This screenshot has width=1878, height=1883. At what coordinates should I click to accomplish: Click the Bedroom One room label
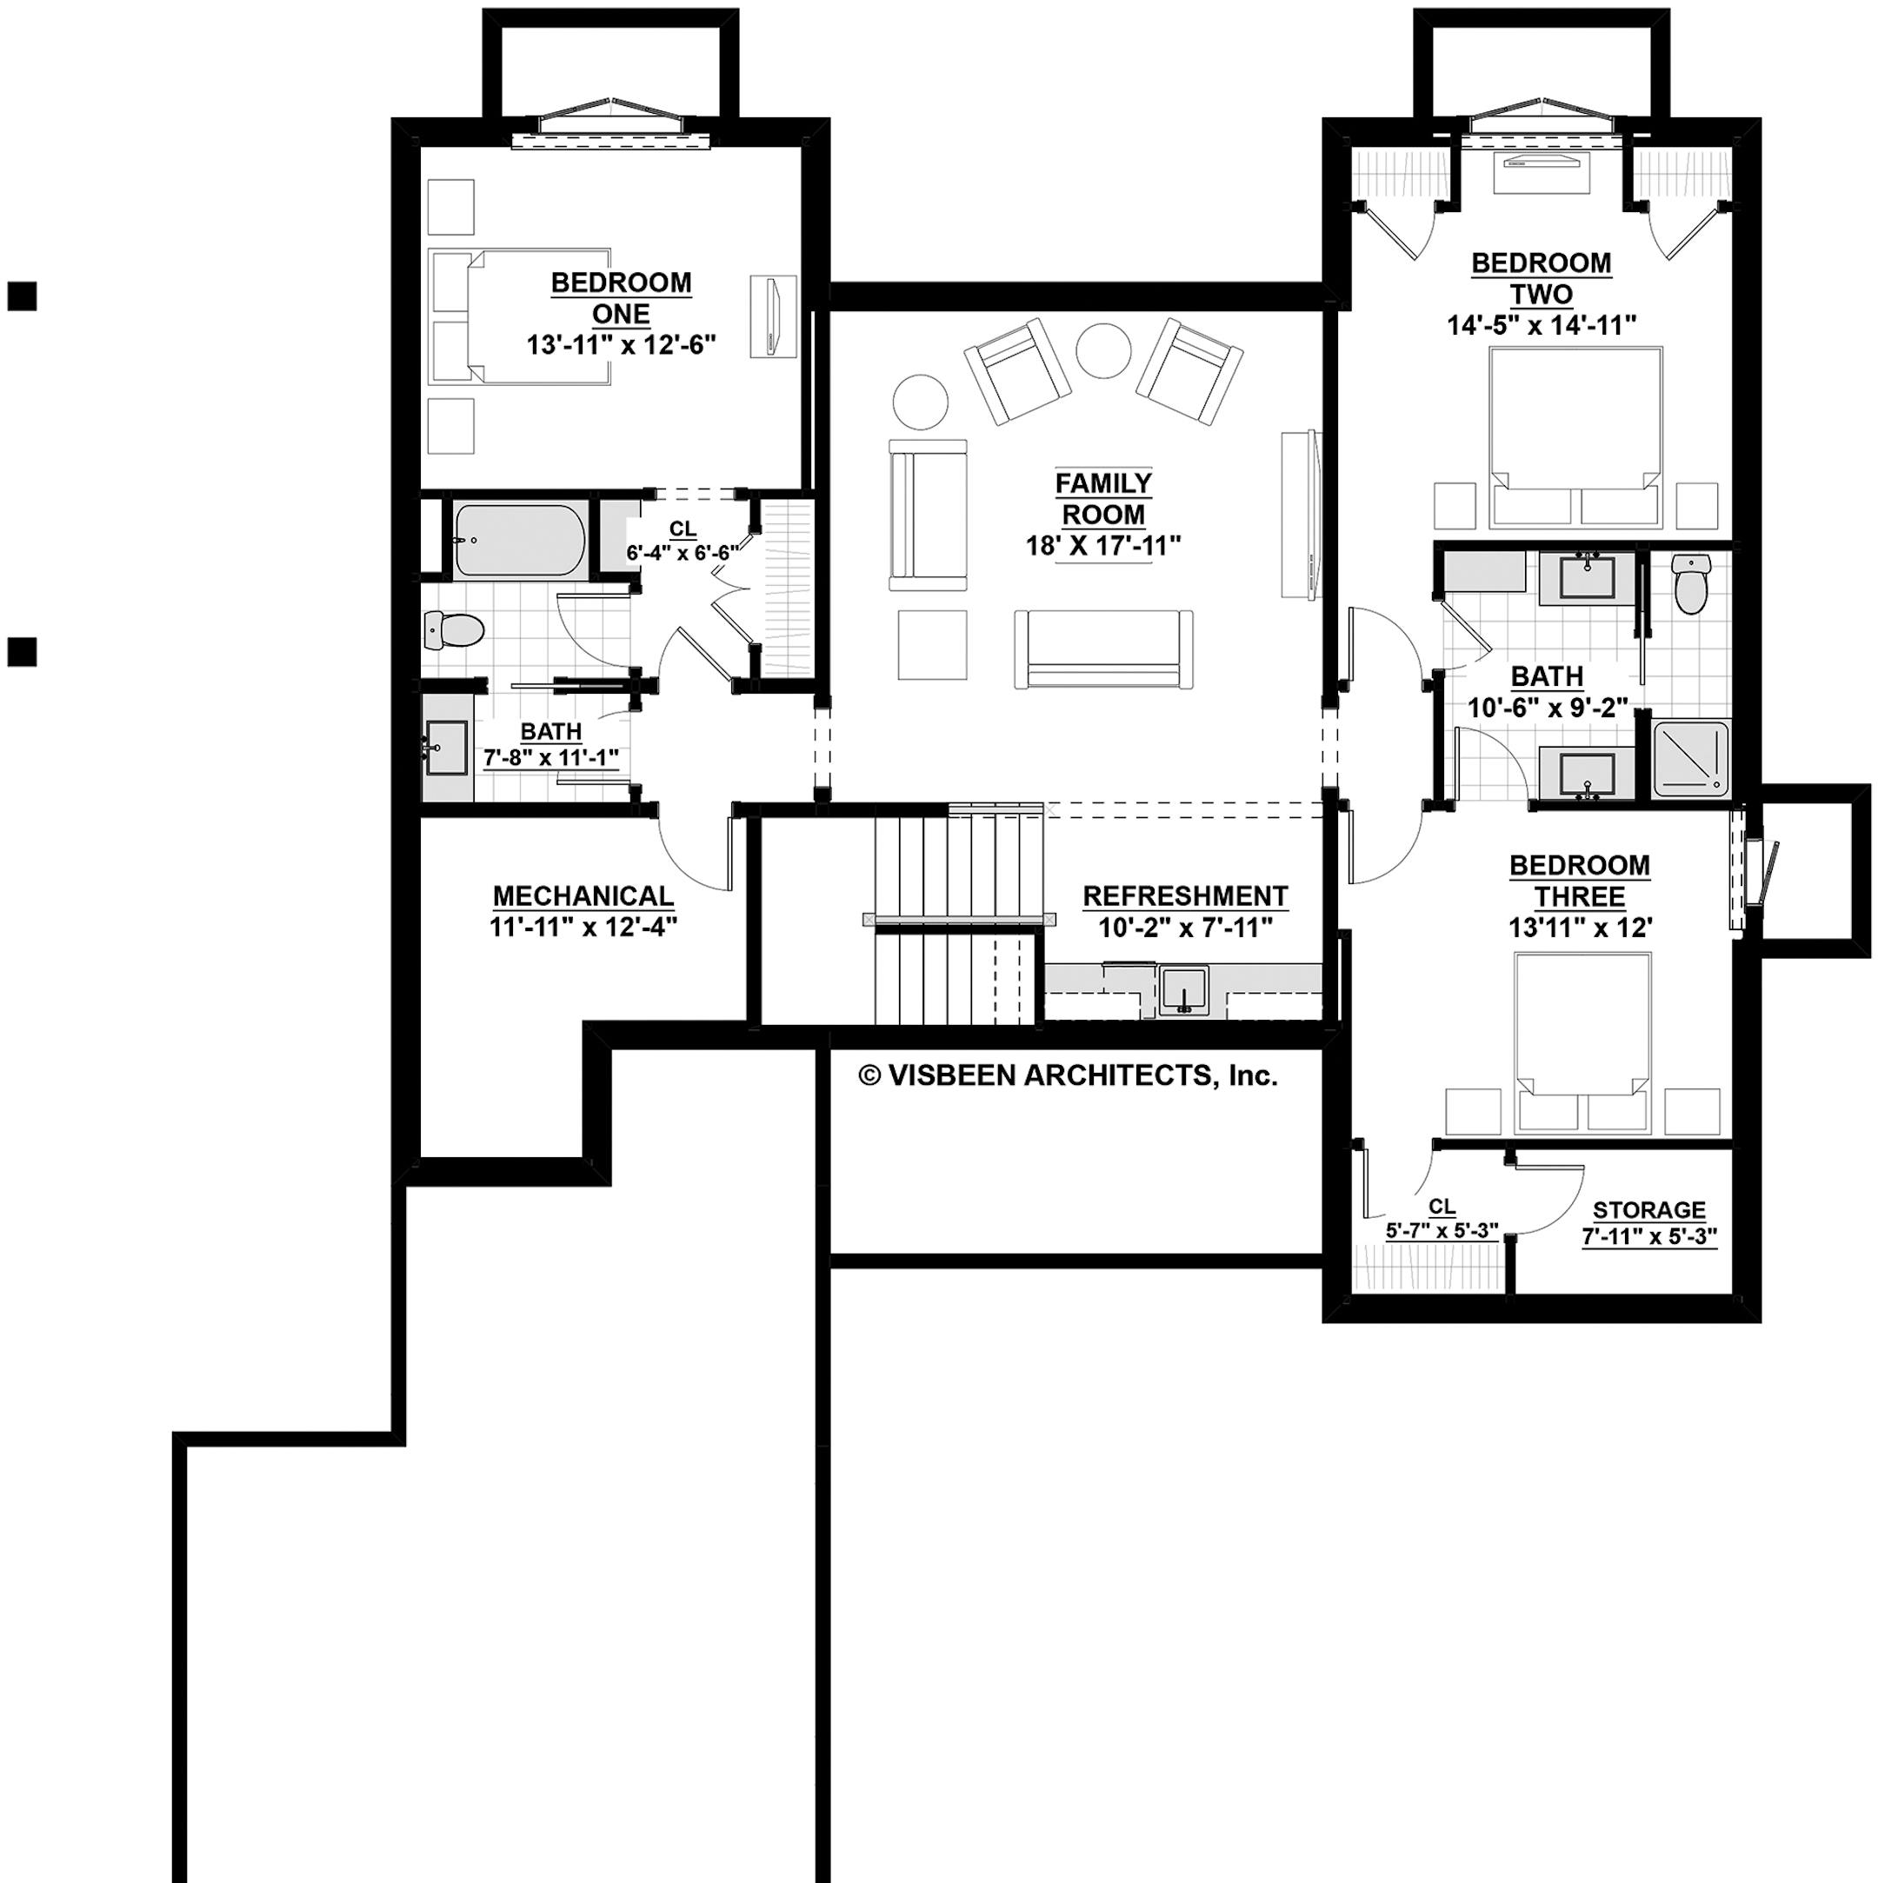point(621,298)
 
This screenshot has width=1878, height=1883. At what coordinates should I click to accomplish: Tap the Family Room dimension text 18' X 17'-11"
point(1102,546)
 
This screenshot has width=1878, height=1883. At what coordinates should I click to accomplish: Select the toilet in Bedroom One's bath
point(453,630)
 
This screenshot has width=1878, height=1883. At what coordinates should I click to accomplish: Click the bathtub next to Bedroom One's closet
point(519,541)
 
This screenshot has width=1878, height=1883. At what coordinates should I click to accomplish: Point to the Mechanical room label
point(583,895)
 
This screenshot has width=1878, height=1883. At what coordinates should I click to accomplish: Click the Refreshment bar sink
point(1183,991)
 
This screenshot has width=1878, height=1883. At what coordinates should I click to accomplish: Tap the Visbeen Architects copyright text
point(1067,1076)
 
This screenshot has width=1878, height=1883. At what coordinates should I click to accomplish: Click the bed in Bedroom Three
point(1581,1044)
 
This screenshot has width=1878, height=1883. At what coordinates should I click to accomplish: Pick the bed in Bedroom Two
point(1574,436)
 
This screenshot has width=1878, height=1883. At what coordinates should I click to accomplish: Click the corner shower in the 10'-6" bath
point(1690,757)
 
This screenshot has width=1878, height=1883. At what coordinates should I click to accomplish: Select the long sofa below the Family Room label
point(1102,650)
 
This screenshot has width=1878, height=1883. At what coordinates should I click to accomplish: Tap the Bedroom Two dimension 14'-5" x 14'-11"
point(1541,325)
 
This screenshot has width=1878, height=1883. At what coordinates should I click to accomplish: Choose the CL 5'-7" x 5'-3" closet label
point(1442,1218)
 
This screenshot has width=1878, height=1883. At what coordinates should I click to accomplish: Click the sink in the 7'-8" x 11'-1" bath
point(446,749)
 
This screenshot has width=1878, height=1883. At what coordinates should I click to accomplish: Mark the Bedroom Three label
point(1579,881)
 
